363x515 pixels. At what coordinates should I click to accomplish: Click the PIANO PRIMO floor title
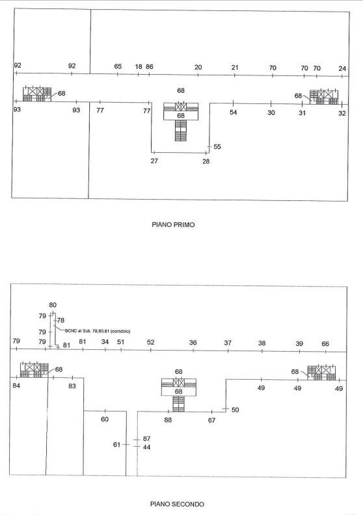[173, 224]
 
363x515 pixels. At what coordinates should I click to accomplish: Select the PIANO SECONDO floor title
[177, 504]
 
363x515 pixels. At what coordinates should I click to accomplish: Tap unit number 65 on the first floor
[118, 66]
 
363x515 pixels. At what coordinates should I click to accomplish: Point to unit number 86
[150, 67]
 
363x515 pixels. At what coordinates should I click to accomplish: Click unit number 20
[198, 67]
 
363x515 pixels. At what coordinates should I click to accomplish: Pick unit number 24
[342, 68]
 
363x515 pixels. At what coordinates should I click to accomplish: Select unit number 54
[234, 112]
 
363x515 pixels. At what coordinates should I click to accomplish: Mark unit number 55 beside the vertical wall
[217, 146]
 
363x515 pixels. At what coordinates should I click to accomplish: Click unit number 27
[154, 161]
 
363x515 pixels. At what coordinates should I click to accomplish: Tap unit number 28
[206, 161]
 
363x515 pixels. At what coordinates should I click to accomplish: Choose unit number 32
[342, 113]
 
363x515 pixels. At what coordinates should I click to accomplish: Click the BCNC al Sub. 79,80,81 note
[98, 331]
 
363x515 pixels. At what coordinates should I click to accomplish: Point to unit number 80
[53, 305]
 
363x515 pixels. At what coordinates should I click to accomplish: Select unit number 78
[60, 320]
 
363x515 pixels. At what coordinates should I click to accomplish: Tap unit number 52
[150, 342]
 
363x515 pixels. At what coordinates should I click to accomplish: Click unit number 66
[325, 343]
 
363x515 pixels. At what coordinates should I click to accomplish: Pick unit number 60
[105, 419]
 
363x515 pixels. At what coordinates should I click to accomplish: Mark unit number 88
[168, 420]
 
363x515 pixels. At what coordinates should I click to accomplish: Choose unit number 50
[235, 410]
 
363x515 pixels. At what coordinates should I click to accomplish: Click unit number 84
[16, 385]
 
